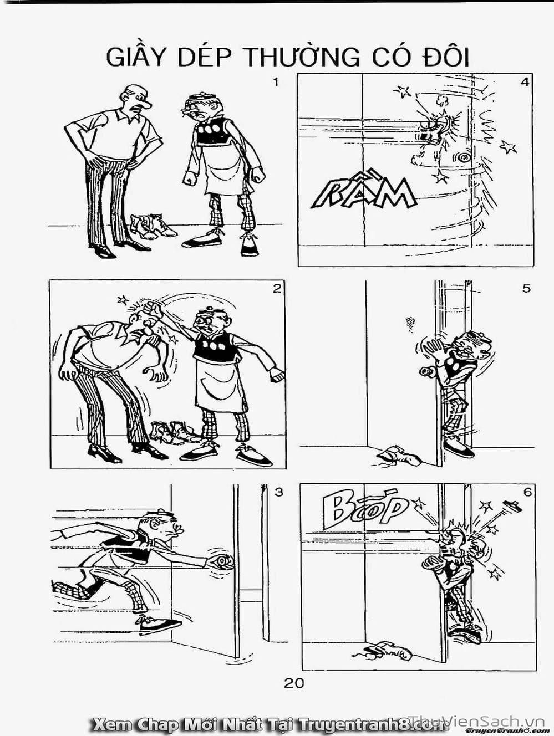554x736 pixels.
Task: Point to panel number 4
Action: (x=525, y=83)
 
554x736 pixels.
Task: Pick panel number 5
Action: (x=526, y=288)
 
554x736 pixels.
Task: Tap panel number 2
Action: (x=277, y=288)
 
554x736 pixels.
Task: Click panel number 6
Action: (x=527, y=492)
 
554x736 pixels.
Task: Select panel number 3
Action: (x=279, y=492)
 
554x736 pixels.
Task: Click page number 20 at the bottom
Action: (x=293, y=683)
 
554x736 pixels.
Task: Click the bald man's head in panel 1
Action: (x=136, y=98)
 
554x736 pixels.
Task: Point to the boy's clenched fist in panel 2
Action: (x=151, y=309)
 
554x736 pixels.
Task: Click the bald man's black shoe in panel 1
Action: (x=104, y=252)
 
